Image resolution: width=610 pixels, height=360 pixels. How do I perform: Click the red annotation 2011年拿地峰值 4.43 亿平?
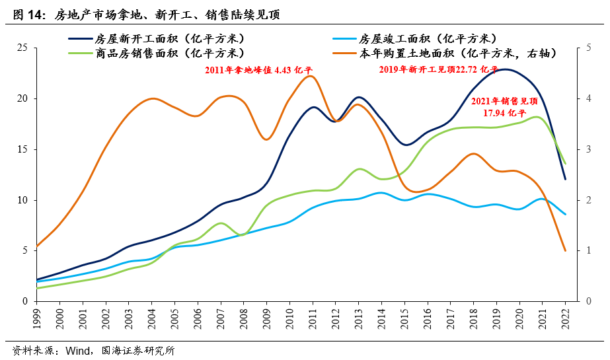258,69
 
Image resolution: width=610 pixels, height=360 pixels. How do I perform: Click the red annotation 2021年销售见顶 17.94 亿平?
504,107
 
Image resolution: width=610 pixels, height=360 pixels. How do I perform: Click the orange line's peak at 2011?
311,76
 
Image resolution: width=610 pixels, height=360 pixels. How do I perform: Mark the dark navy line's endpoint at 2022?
565,179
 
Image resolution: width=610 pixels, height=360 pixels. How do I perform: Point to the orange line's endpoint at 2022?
565,250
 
